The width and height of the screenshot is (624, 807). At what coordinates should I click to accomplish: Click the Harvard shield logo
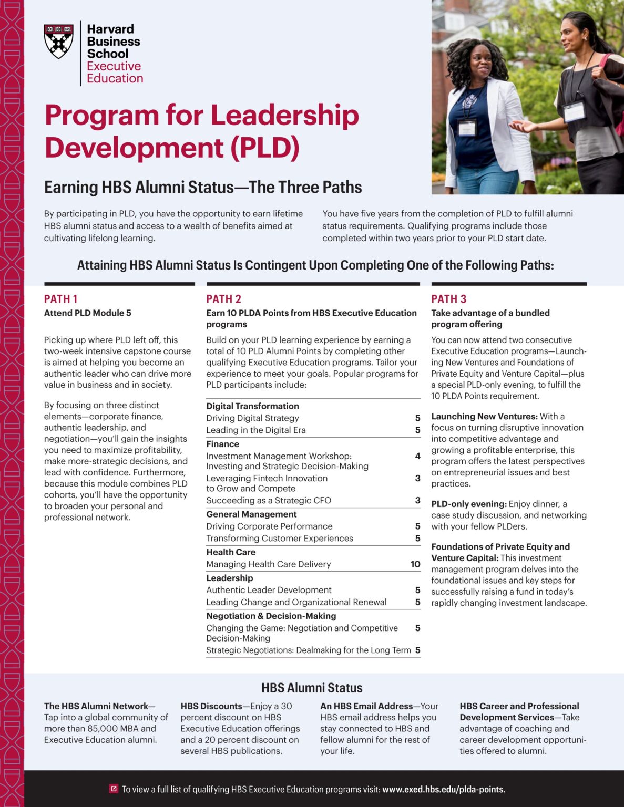pos(58,42)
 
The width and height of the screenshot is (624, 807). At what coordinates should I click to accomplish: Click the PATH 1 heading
pos(60,299)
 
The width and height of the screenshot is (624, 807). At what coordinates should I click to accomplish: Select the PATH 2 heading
pos(223,299)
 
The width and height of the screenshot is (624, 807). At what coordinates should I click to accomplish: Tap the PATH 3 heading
pos(448,299)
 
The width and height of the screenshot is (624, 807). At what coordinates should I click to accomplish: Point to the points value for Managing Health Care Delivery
pos(415,564)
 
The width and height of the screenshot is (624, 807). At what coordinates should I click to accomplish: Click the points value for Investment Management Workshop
pos(417,456)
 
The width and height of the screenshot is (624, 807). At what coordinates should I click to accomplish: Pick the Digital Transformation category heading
pos(252,406)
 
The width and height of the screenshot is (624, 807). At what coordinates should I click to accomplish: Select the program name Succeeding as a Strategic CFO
pos(269,500)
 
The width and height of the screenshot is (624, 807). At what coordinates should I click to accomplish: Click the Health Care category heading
pos(231,552)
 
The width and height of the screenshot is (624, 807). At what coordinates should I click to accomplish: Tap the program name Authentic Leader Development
pos(269,590)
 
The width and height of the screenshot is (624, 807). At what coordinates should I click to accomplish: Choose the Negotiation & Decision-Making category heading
pos(271,616)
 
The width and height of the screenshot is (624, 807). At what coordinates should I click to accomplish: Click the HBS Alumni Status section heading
pos(312,688)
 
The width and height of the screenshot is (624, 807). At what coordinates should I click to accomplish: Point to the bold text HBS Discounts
pos(211,706)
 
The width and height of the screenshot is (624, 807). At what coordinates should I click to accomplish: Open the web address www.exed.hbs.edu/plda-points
pos(444,789)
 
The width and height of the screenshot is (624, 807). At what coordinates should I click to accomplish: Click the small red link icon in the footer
pos(114,789)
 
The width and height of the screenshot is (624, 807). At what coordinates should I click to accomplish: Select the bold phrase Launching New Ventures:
pos(484,416)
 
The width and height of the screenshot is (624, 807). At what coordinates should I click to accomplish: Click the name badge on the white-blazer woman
pos(466,128)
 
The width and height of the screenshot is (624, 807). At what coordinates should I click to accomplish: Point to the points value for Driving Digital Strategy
pos(417,418)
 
